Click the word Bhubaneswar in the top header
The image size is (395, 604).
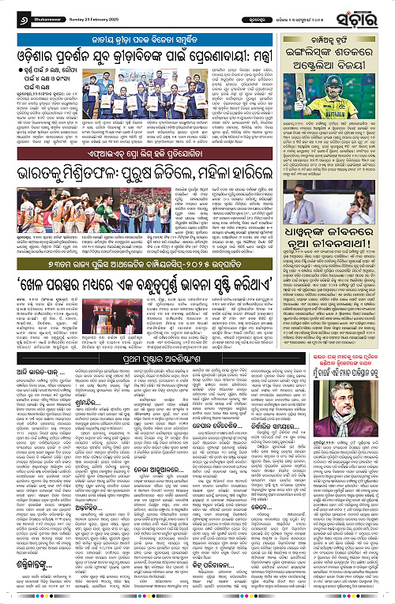[x=39, y=13]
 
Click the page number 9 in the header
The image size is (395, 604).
[x=11, y=13]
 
